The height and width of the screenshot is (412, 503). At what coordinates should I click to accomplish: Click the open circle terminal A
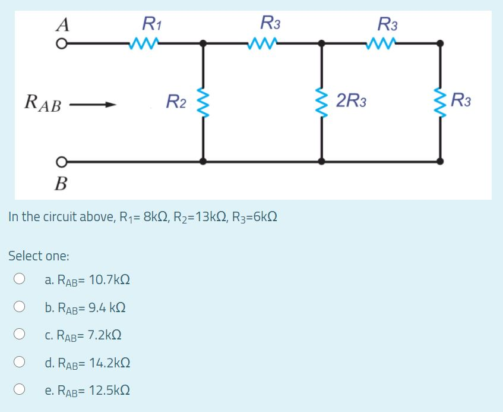tap(61, 43)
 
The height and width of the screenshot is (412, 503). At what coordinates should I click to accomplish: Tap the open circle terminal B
tap(61, 161)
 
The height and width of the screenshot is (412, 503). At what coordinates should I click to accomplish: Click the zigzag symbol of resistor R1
tap(144, 43)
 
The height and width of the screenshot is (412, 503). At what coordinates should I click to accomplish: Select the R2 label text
tap(176, 102)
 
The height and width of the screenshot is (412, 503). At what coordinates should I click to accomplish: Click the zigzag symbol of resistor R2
tap(204, 102)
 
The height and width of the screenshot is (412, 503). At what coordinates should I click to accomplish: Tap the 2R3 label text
tap(351, 100)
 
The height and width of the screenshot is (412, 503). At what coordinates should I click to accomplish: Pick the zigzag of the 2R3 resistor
tap(322, 102)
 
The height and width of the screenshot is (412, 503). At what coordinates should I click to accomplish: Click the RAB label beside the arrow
tap(42, 102)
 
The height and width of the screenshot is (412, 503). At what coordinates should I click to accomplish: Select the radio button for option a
tap(20, 279)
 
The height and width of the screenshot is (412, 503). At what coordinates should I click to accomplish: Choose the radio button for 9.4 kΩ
tap(20, 307)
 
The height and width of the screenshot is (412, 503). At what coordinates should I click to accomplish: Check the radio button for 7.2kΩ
tap(20, 335)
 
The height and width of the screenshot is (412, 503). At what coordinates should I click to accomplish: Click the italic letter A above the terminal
tap(62, 24)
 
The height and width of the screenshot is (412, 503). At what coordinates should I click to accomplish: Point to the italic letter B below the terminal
tap(61, 183)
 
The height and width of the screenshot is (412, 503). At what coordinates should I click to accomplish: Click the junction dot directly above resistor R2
tap(204, 43)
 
